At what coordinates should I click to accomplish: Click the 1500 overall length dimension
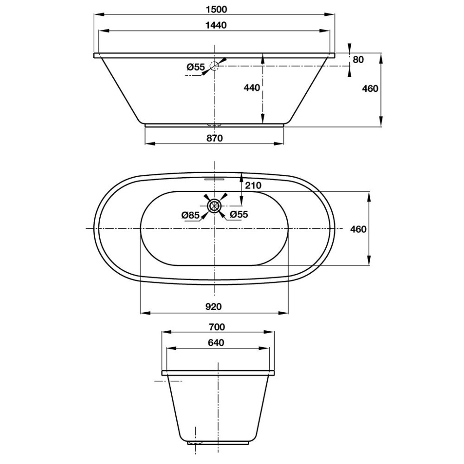tap(216, 9)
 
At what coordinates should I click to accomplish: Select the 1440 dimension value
tap(216, 25)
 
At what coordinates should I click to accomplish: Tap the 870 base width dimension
tap(214, 138)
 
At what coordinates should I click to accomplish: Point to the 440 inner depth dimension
tap(252, 88)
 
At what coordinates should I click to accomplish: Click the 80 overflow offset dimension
tap(358, 59)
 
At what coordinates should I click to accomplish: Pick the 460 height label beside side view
tap(370, 89)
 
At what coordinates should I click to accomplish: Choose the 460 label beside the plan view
tap(358, 229)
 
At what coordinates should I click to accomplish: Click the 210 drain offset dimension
tap(253, 186)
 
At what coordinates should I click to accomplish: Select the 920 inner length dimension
tap(213, 307)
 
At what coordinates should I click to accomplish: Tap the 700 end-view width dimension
tap(217, 327)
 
